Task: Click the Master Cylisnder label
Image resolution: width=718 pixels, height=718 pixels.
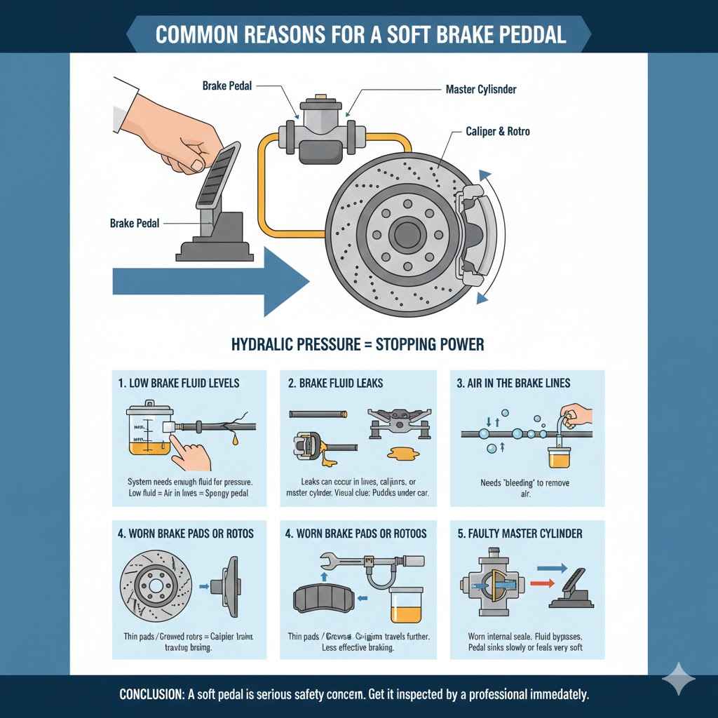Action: tap(481, 90)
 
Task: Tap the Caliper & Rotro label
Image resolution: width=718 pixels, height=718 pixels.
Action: tap(497, 131)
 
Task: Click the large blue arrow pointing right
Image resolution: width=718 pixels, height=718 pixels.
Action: tap(210, 282)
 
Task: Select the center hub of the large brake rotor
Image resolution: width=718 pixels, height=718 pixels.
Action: tap(405, 233)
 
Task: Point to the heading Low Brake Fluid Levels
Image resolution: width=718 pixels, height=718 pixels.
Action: tap(179, 383)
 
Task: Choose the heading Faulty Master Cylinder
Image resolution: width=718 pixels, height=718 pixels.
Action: tap(520, 534)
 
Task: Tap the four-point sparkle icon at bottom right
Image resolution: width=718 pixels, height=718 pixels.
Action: tap(679, 679)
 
